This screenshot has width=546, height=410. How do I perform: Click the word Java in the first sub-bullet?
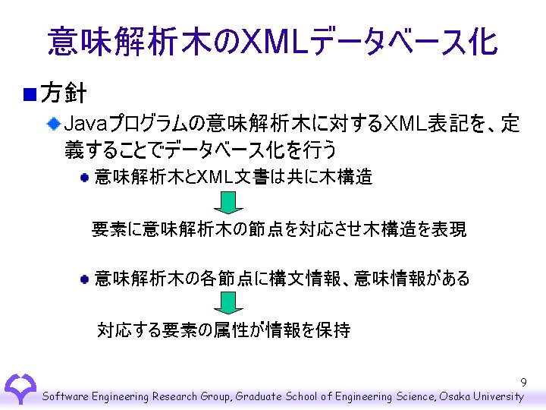click(x=87, y=123)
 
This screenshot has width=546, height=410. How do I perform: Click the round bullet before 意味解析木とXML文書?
click(x=86, y=178)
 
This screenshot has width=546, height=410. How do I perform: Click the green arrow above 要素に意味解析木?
click(x=227, y=202)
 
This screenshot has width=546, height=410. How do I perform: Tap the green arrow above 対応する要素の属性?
click(x=227, y=303)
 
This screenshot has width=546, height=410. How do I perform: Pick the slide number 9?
click(x=523, y=383)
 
